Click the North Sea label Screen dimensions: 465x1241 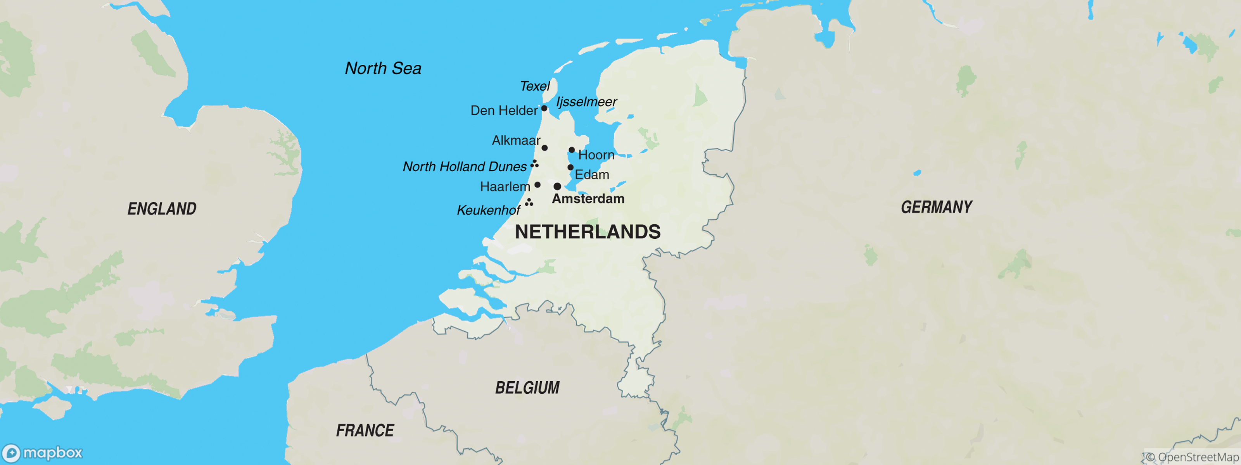click(383, 68)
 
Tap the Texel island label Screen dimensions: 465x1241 click(535, 86)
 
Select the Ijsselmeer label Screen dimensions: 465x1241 click(586, 102)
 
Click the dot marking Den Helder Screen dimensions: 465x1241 click(544, 108)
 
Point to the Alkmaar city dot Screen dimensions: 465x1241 click(544, 148)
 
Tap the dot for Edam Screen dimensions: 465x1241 click(570, 167)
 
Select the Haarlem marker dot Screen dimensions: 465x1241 click(538, 185)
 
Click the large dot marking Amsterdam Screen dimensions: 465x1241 click(557, 186)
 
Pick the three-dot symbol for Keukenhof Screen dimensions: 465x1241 click(529, 203)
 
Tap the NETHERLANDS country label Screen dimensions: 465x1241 click(588, 232)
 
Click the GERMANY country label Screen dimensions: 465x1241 click(937, 207)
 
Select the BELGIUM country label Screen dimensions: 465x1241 click(527, 387)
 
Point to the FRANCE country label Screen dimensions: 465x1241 click(365, 431)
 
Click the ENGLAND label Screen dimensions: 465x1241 click(162, 209)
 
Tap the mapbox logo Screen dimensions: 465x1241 click(42, 453)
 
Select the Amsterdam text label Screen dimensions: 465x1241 click(588, 199)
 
